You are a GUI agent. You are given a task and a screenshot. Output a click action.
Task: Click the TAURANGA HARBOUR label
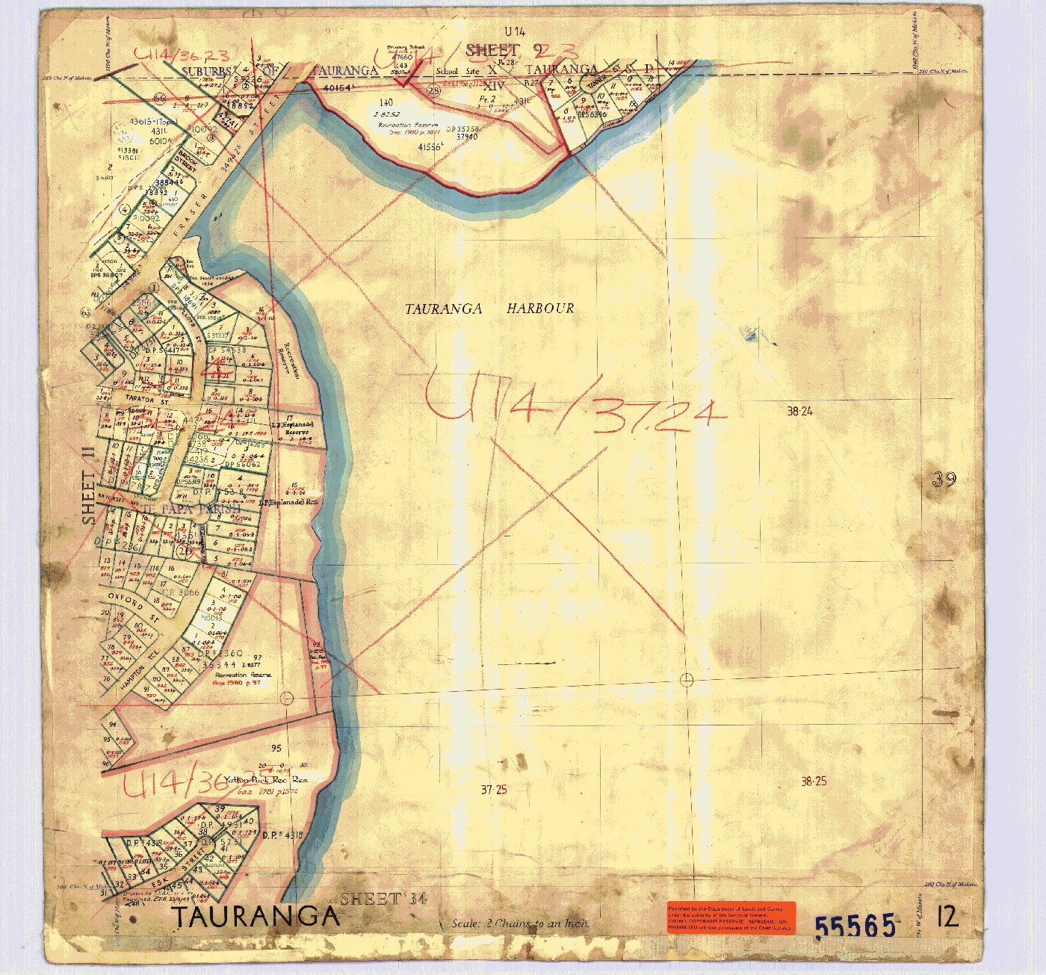pyautogui.click(x=489, y=309)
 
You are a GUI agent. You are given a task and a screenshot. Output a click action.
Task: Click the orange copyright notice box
pyautogui.click(x=731, y=917)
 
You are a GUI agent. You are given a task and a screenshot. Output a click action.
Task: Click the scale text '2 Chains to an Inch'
pyautogui.click(x=520, y=923)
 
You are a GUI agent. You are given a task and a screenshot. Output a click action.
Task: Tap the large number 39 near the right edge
pyautogui.click(x=944, y=480)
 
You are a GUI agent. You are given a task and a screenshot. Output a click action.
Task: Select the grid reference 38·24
pyautogui.click(x=799, y=411)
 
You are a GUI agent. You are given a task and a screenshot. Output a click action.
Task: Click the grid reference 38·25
pyautogui.click(x=813, y=781)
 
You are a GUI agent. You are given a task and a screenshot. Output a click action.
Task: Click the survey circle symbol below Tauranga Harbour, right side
pyautogui.click(x=687, y=680)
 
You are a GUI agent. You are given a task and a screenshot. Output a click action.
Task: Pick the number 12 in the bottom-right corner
pyautogui.click(x=947, y=916)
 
